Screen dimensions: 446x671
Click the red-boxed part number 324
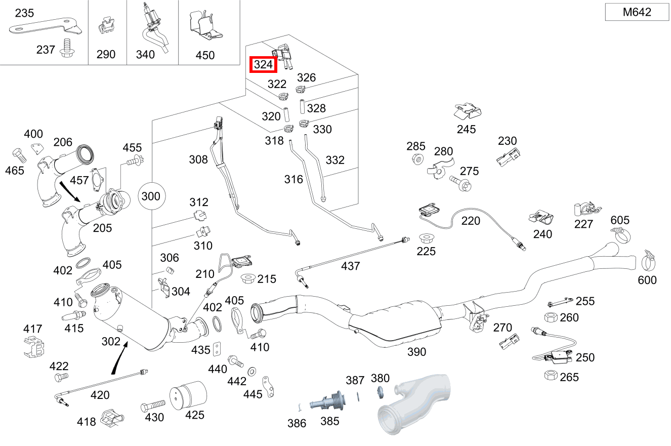264,65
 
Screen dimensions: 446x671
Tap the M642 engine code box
637,12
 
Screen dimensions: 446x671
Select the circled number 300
151,196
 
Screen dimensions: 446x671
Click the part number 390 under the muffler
416,351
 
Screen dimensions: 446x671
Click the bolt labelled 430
153,405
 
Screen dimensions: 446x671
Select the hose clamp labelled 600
648,260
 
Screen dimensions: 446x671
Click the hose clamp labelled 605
621,233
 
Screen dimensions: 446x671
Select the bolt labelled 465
18,155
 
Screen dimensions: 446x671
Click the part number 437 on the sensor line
350,266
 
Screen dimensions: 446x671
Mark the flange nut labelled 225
426,238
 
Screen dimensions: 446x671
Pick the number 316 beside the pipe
293,179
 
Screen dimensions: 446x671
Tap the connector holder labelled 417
33,347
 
